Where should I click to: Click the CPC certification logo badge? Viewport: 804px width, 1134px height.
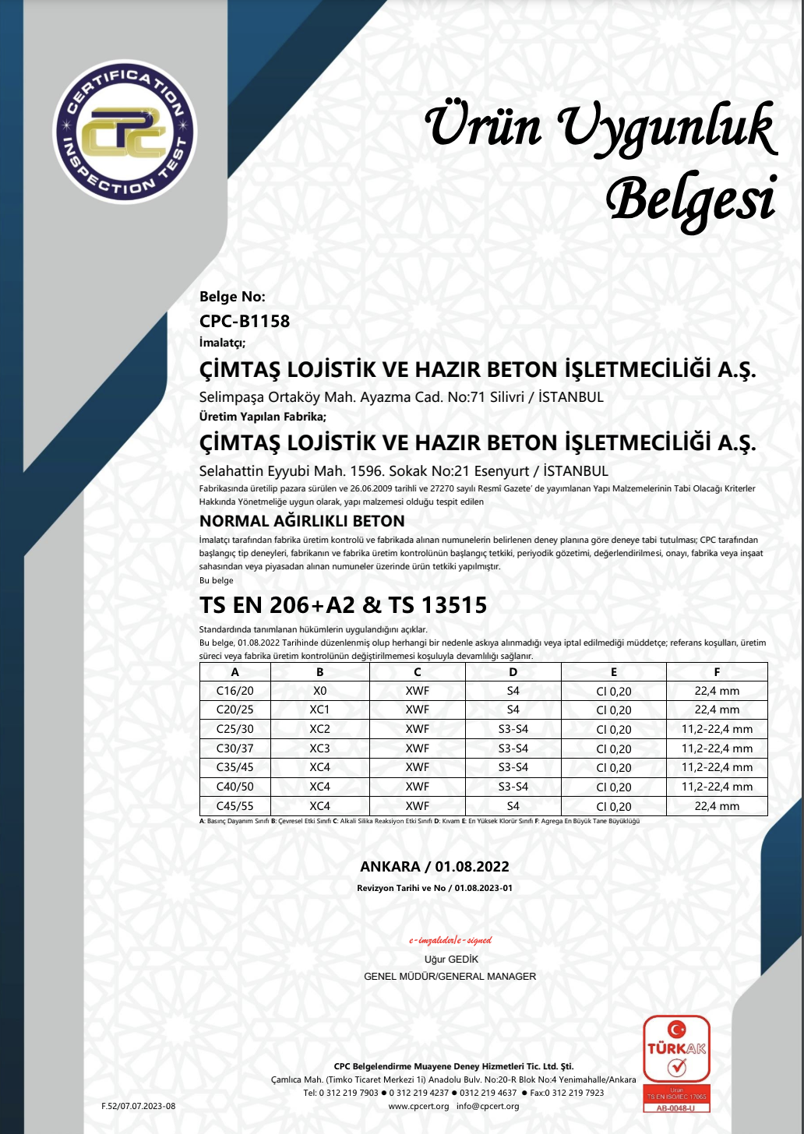pos(125,132)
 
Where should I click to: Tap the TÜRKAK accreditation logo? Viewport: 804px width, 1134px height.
pos(676,1063)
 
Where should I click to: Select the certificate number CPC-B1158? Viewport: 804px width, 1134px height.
pos(245,321)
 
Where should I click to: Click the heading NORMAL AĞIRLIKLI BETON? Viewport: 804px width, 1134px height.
pos(302,521)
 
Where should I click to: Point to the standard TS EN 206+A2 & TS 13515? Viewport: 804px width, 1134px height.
pos(343,605)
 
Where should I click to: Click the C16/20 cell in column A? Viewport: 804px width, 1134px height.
pos(235,691)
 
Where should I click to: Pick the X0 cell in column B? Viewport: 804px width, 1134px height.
pos(319,691)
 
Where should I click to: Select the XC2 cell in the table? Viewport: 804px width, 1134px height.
pos(319,729)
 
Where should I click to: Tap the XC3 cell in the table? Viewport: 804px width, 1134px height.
pos(319,748)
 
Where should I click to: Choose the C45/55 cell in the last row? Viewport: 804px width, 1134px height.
pos(235,806)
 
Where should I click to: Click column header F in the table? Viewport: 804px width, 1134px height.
pos(717,672)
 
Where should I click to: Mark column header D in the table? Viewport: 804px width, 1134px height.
pos(513,672)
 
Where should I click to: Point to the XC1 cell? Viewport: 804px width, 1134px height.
pos(319,710)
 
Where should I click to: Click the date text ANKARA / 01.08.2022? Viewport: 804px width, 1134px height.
pos(435,867)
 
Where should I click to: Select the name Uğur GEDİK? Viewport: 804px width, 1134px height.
pos(451,960)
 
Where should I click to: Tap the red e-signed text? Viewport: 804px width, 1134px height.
pos(450,941)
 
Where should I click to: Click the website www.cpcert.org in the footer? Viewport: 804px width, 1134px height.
pos(418,1107)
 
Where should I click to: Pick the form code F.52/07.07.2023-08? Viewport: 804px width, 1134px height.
pos(139,1106)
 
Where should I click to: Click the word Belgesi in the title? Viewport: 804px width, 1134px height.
pos(692,200)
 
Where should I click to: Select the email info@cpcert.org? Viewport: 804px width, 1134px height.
pos(488,1107)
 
